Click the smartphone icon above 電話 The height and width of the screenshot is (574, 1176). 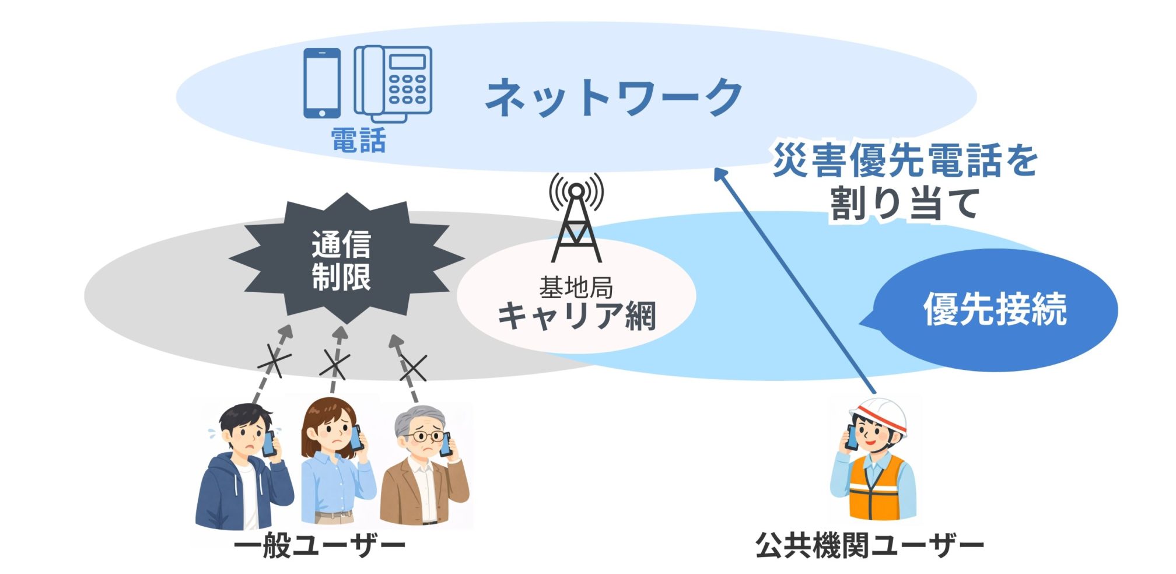pyautogui.click(x=321, y=83)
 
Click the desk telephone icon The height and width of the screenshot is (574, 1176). pyautogui.click(x=394, y=82)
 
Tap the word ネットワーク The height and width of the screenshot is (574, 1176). pyautogui.click(x=614, y=97)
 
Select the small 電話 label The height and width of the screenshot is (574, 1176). pyautogui.click(x=358, y=141)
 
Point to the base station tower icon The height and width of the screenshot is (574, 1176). pyautogui.click(x=576, y=219)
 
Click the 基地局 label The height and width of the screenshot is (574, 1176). pyautogui.click(x=576, y=288)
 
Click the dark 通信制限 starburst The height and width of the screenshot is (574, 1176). pyautogui.click(x=344, y=260)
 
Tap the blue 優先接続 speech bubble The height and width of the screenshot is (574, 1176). pyautogui.click(x=995, y=309)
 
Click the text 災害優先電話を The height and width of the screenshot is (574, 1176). pyautogui.click(x=905, y=160)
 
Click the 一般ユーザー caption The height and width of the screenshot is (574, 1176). pyautogui.click(x=320, y=547)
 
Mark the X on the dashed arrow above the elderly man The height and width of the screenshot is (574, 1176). pyautogui.click(x=413, y=368)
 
